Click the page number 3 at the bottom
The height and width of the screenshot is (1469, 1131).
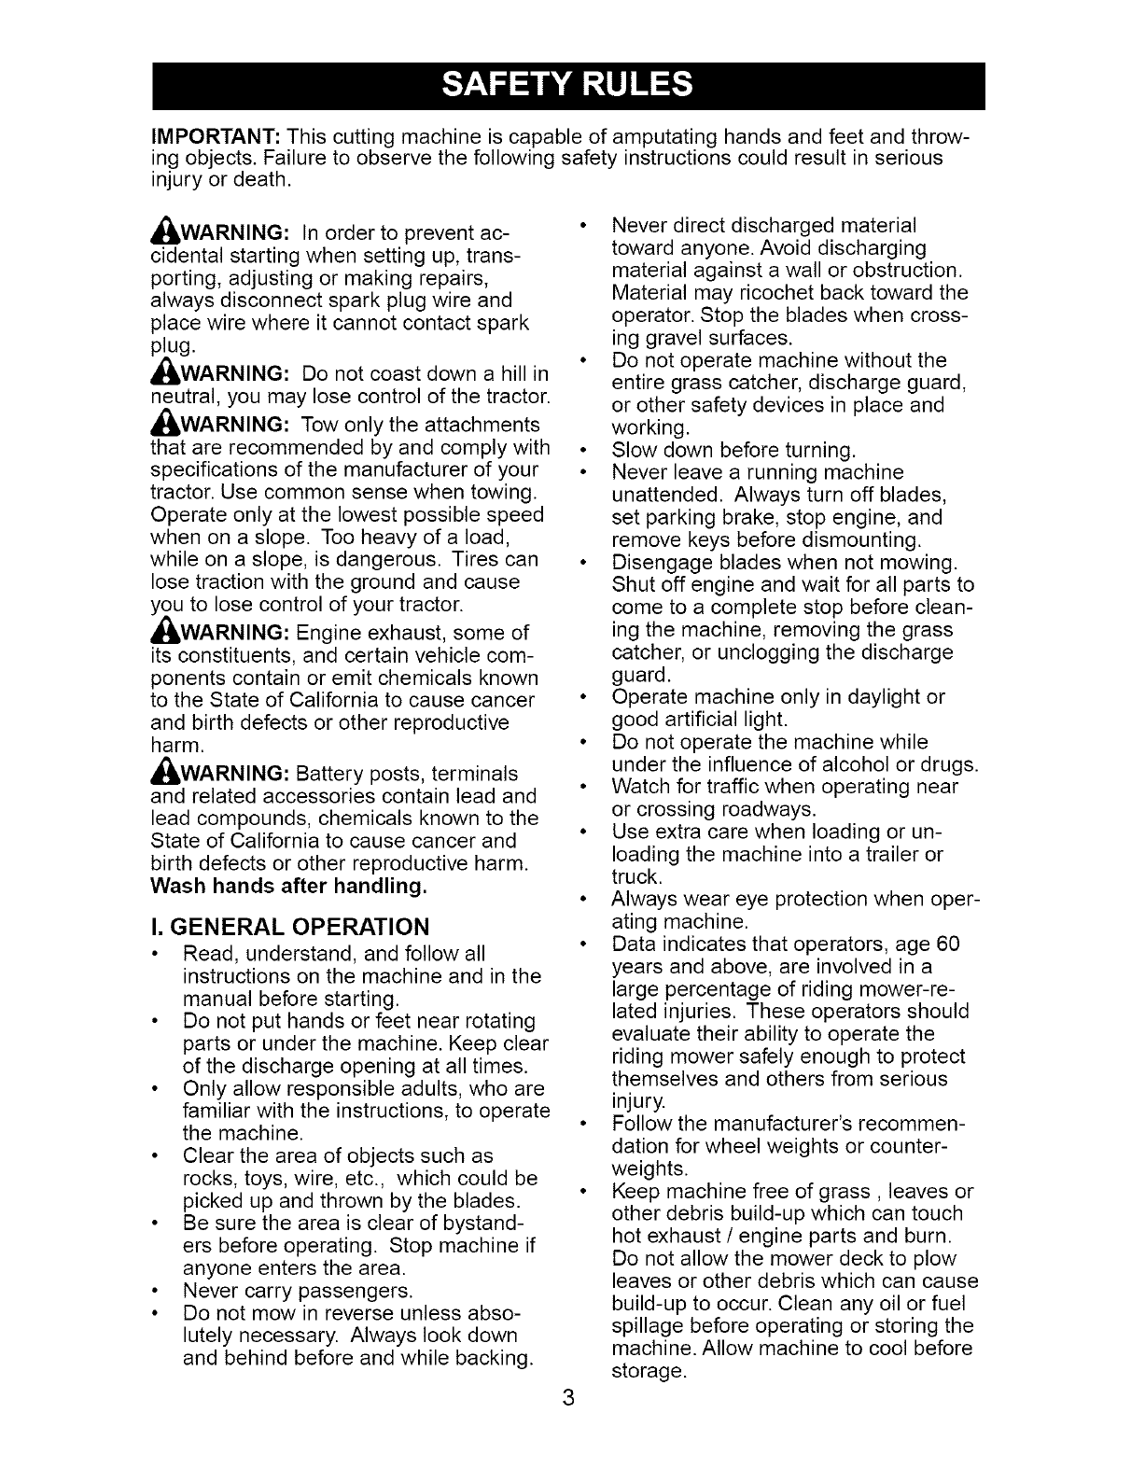(566, 1400)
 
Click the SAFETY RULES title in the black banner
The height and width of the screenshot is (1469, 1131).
(567, 86)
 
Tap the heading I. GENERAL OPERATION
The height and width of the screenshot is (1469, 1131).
(290, 927)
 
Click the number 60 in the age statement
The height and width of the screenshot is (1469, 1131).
(947, 944)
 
